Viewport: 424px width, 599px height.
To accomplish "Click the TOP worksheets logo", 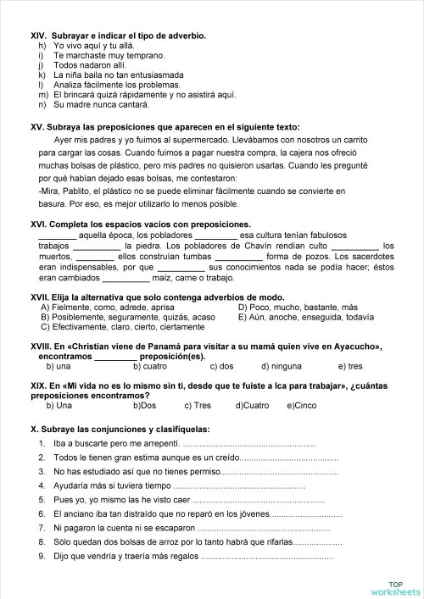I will click(395, 587).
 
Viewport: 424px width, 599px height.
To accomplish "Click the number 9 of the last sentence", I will click(42, 556).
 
